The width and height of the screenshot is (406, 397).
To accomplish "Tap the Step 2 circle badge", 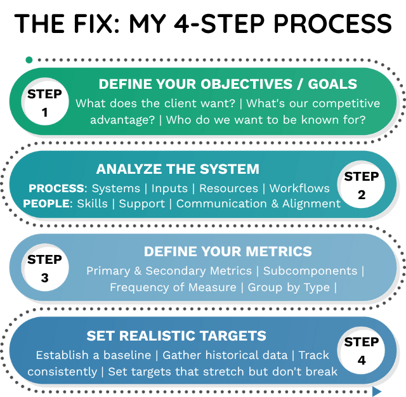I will pos(361,185).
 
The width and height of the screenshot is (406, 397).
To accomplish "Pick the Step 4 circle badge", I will pos(361,351).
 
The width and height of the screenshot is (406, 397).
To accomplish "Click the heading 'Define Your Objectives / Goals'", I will pos(228,84).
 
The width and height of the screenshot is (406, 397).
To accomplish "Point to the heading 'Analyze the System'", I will pos(178,169).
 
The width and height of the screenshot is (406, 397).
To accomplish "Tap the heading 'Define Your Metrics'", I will pos(228,252).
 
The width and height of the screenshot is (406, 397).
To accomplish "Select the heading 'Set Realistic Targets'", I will pos(176,336).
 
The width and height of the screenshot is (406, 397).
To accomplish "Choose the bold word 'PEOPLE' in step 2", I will pos(48,204).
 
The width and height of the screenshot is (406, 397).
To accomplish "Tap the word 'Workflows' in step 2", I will pos(299,188).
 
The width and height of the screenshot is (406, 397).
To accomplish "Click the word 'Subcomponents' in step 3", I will pos(310,271).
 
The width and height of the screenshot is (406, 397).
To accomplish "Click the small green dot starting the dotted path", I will pos(29,60).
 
